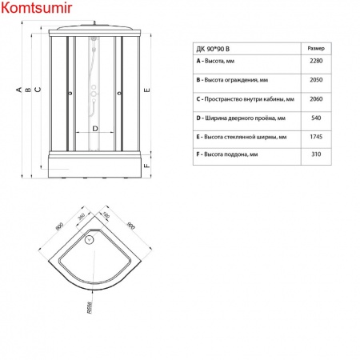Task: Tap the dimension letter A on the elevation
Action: [17, 90]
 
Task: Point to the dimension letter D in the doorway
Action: [95, 128]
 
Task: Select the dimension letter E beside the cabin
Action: [148, 90]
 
